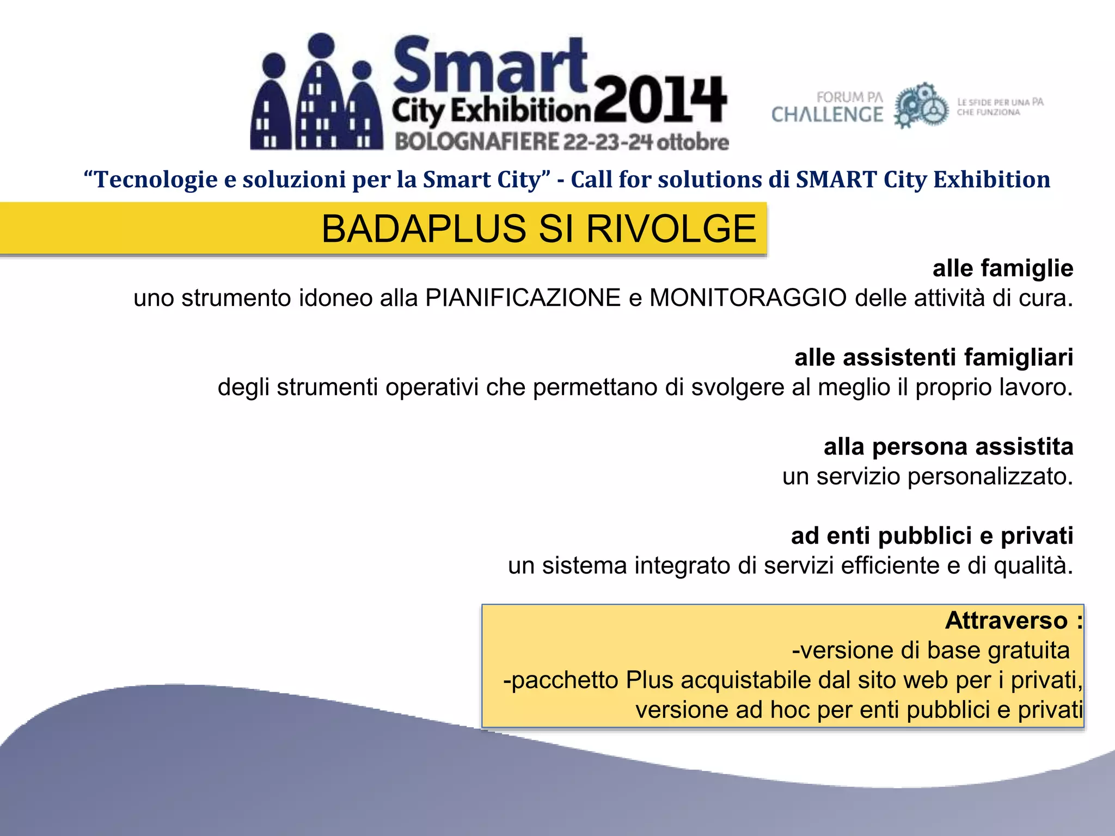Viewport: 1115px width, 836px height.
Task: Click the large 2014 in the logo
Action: [x=660, y=101]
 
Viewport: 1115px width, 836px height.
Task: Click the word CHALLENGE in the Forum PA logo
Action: [x=827, y=115]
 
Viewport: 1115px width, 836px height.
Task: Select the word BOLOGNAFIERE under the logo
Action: [x=477, y=142]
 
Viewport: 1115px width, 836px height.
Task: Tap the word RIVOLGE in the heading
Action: [x=671, y=229]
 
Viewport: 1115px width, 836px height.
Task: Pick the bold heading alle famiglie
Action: [x=1002, y=268]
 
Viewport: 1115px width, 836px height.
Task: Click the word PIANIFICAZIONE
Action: [x=523, y=298]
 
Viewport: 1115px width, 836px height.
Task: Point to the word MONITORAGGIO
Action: [x=748, y=298]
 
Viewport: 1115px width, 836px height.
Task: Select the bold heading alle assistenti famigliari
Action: [x=933, y=358]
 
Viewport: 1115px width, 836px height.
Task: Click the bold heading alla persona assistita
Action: [x=948, y=447]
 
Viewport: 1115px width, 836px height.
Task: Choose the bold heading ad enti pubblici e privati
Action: [x=932, y=536]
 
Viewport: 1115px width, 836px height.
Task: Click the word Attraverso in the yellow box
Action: [x=1006, y=620]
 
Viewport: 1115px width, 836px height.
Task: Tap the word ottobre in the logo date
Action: [x=693, y=142]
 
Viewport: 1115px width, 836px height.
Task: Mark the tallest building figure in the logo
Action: [x=322, y=93]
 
